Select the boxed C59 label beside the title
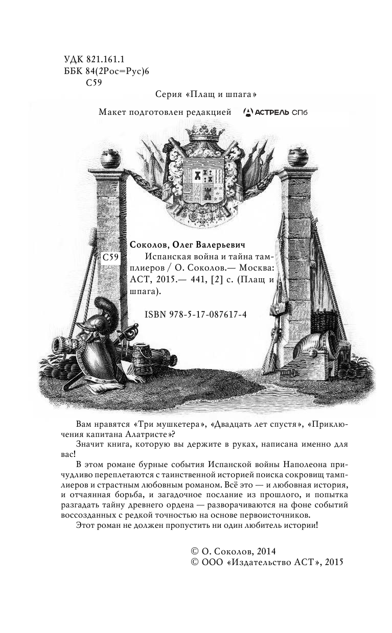110,258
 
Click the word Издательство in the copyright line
262,563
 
